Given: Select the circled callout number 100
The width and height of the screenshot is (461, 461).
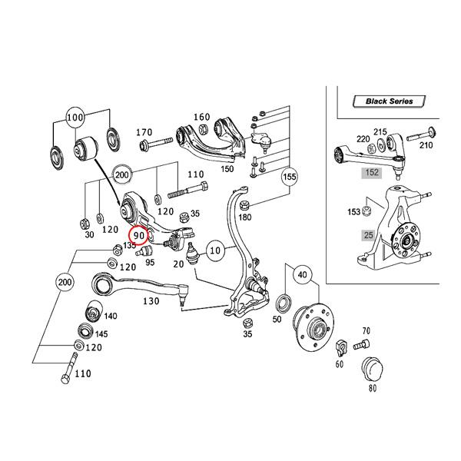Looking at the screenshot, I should (x=75, y=119).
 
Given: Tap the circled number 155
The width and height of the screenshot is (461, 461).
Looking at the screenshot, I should (x=288, y=177).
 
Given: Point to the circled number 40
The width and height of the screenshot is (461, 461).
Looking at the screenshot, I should (x=302, y=274).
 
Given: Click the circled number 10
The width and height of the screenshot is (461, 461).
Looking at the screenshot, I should (x=216, y=249).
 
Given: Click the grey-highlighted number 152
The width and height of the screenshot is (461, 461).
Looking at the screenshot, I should (x=373, y=173).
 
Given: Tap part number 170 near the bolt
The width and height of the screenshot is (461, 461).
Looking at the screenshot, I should (x=144, y=132).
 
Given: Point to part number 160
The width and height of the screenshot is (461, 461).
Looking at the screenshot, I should (x=201, y=118).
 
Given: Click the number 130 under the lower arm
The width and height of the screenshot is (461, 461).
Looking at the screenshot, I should (x=151, y=301).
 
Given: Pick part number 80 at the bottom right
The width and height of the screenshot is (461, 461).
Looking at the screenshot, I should (x=373, y=388).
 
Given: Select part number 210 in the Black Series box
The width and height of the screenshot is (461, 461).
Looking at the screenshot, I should (x=426, y=145).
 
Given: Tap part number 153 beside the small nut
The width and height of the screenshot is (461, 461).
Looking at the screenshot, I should (x=353, y=211).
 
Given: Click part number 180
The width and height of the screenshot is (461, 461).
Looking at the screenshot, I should (x=244, y=218).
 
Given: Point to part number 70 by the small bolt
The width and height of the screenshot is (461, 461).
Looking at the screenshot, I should (x=366, y=331).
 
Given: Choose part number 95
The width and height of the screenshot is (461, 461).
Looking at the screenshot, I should (x=150, y=262).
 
